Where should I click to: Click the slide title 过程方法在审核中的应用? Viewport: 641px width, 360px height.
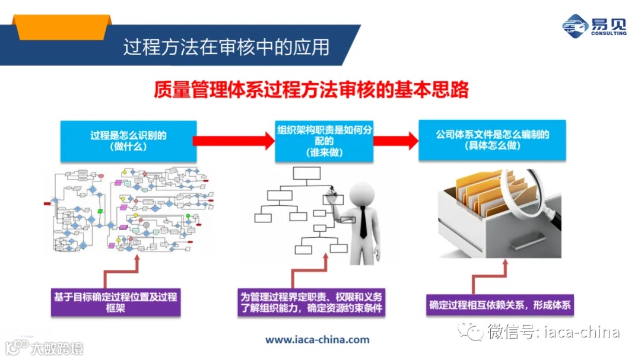tap(226, 47)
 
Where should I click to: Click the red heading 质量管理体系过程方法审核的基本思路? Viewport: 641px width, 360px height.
tap(311, 90)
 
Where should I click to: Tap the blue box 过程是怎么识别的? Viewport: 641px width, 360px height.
tap(128, 141)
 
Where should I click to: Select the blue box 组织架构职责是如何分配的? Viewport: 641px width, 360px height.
tap(324, 141)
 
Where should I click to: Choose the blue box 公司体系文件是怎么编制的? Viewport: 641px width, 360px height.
tap(492, 140)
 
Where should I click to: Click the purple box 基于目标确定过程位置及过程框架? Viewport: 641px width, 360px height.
tap(116, 302)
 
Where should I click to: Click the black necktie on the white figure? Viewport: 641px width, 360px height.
tap(363, 222)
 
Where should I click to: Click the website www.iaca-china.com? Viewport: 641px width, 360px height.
tap(317, 340)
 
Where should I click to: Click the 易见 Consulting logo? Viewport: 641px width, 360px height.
tap(594, 27)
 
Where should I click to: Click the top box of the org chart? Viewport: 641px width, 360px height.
tap(307, 173)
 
